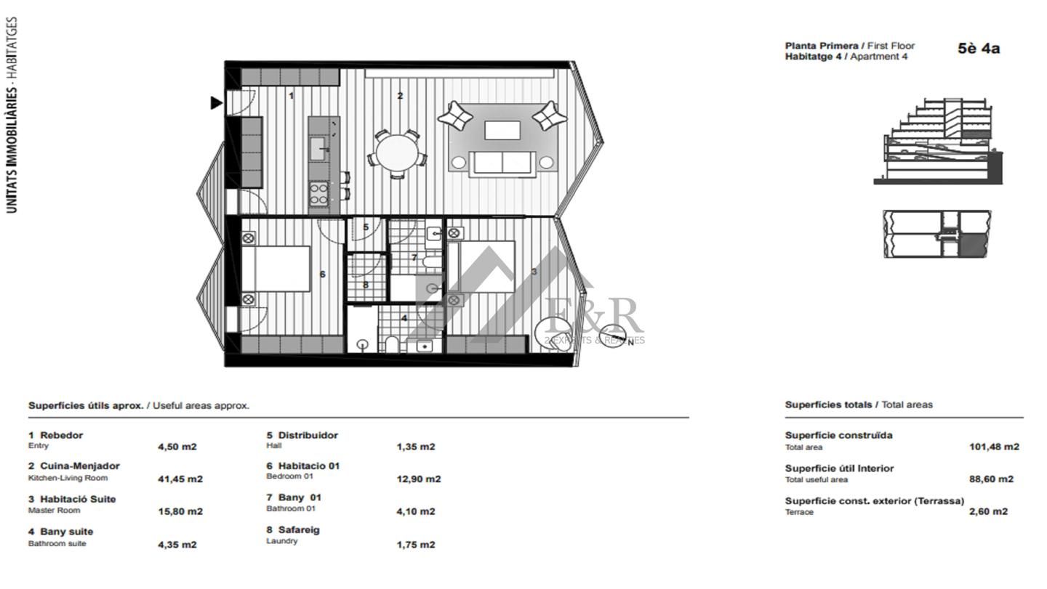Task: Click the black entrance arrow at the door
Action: pyautogui.click(x=216, y=102)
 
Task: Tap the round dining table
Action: pyautogui.click(x=397, y=153)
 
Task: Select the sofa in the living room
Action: pyautogui.click(x=502, y=164)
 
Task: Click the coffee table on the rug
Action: pyautogui.click(x=502, y=130)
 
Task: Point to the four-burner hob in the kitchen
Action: pyautogui.click(x=318, y=194)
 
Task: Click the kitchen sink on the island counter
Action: pyautogui.click(x=318, y=149)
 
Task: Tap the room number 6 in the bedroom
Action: pyautogui.click(x=322, y=274)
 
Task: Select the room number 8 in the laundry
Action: pyautogui.click(x=366, y=284)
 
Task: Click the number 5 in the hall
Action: pyautogui.click(x=366, y=227)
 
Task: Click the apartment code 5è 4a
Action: pyautogui.click(x=979, y=49)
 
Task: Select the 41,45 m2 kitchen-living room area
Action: pyautogui.click(x=180, y=479)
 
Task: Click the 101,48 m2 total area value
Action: pyautogui.click(x=994, y=447)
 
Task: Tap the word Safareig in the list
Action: pyautogui.click(x=299, y=529)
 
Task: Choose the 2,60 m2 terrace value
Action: pyautogui.click(x=988, y=511)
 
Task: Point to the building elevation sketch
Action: pyautogui.click(x=938, y=141)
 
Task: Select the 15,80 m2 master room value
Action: pyautogui.click(x=180, y=511)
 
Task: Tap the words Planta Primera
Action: pyautogui.click(x=822, y=46)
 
